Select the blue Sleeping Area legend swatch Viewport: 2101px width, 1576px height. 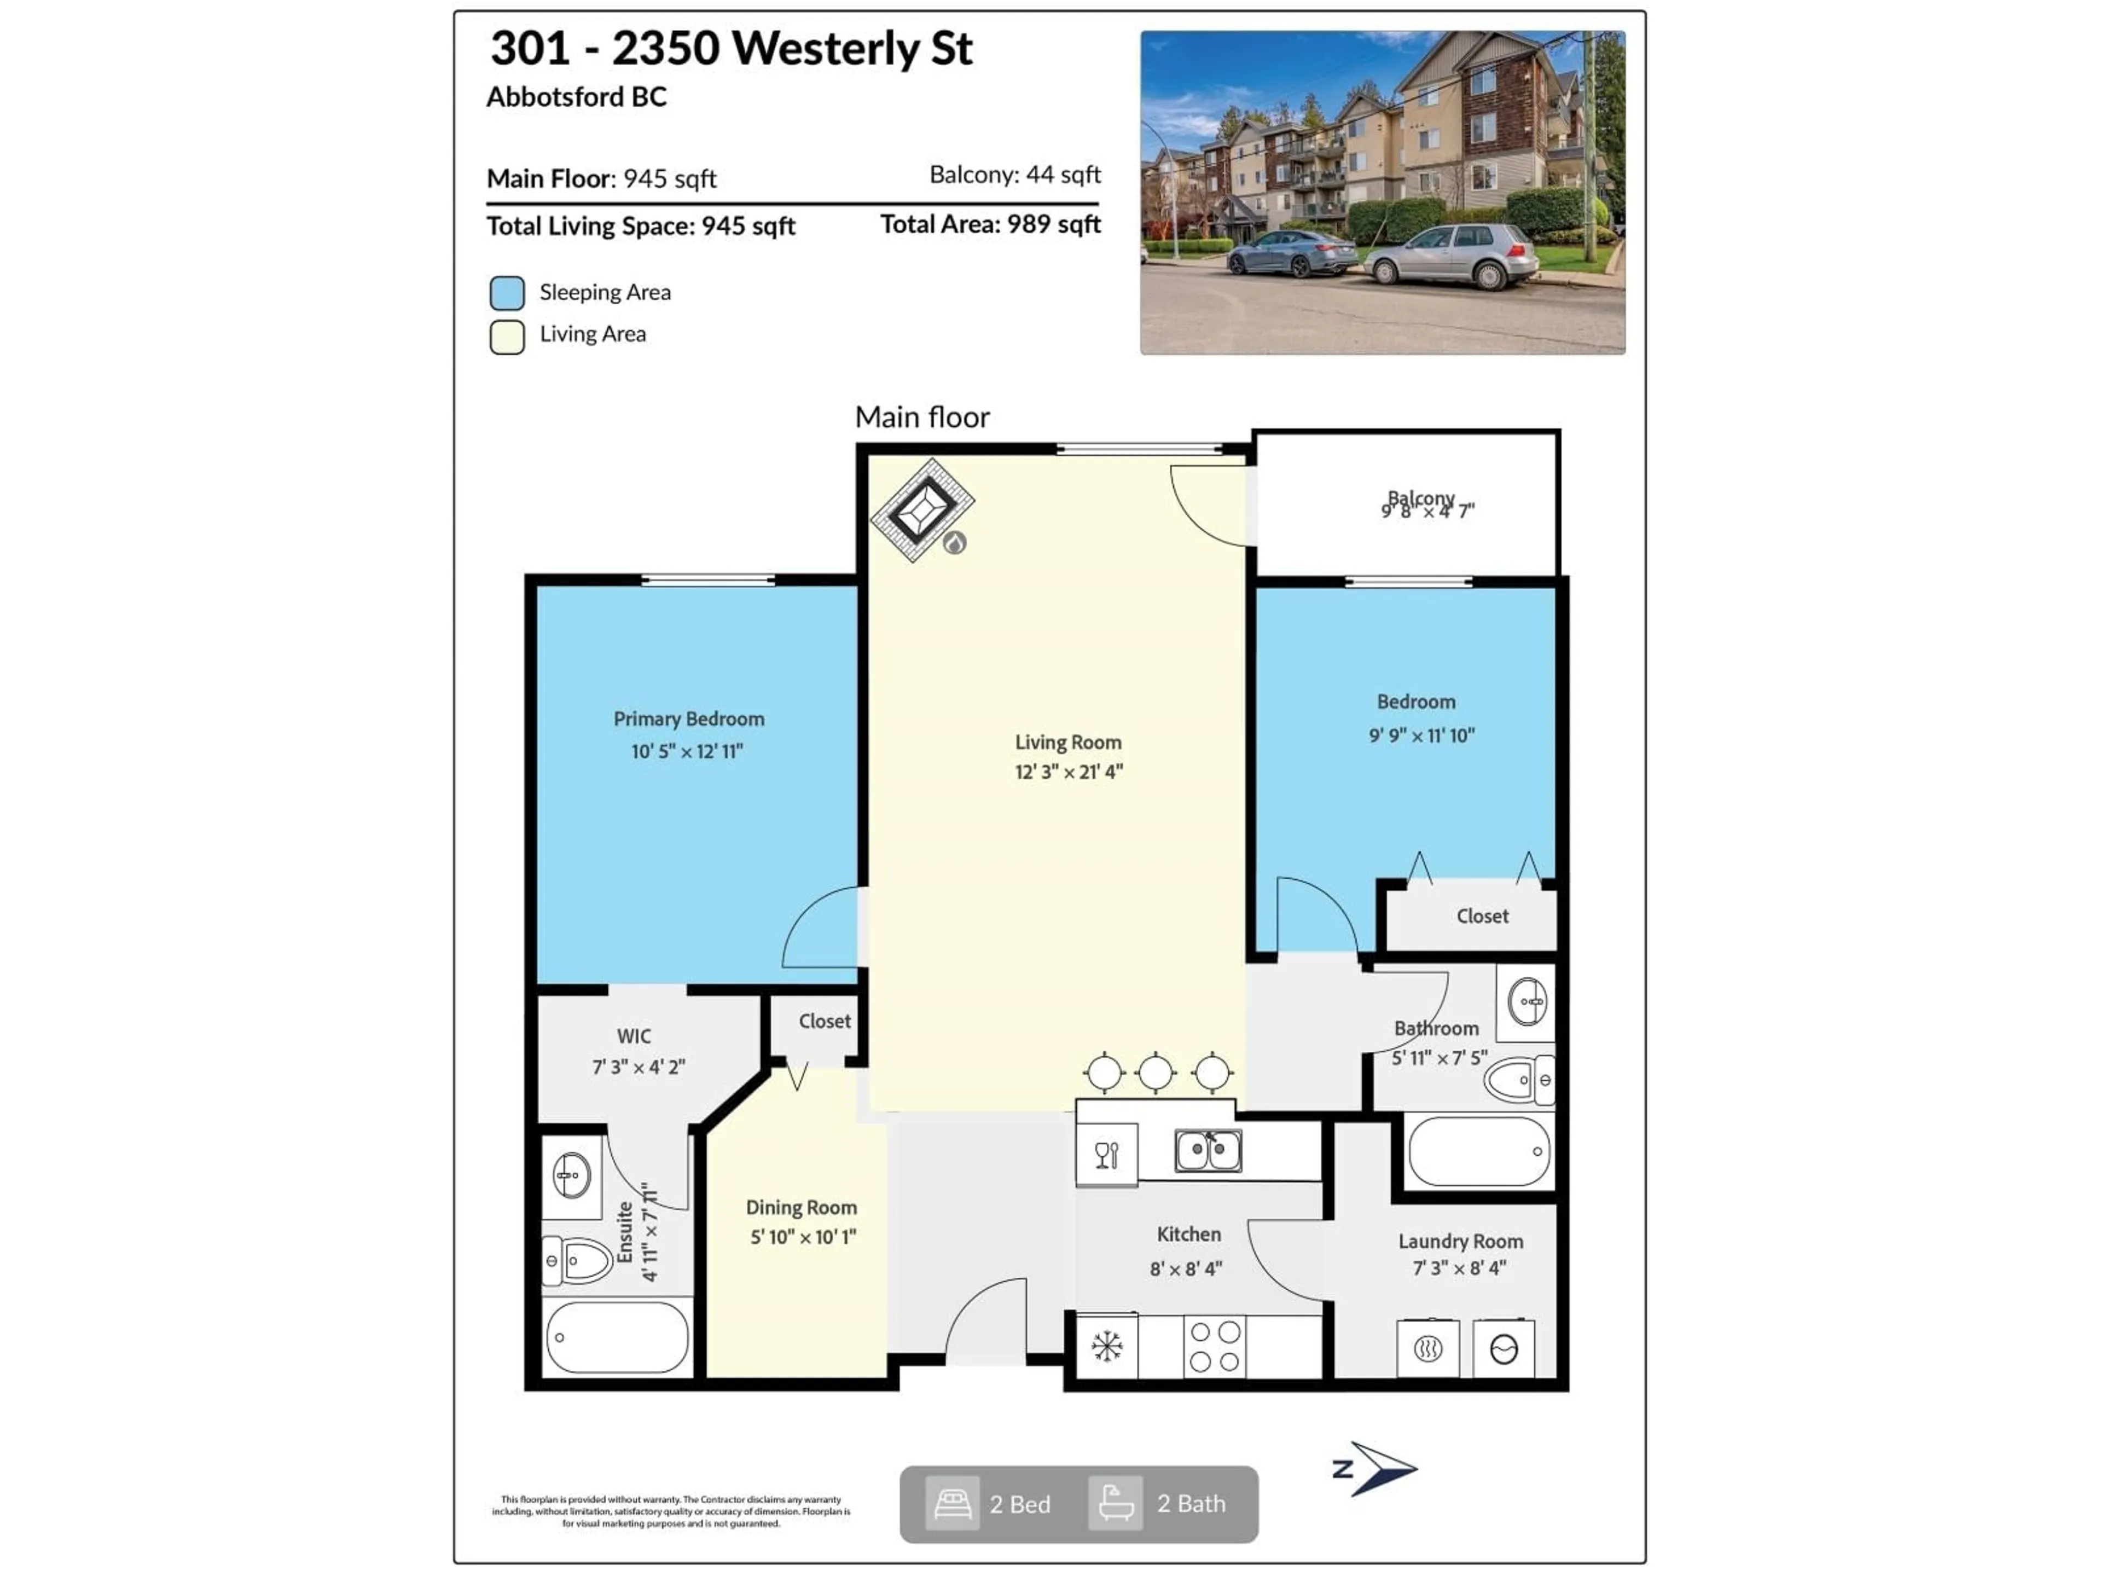[507, 293]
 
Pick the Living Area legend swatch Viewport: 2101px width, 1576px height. [507, 337]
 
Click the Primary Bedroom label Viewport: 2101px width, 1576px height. [689, 719]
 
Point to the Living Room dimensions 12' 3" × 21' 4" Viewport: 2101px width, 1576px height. [1069, 772]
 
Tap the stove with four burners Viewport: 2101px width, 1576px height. [1215, 1346]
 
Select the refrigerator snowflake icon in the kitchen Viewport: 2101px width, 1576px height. [1106, 1346]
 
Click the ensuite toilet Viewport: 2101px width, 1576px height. [577, 1261]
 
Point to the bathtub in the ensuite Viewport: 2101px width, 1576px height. [617, 1337]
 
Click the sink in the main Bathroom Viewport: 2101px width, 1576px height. [1527, 1001]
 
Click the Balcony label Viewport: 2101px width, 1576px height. [1421, 499]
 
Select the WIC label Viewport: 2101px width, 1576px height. [635, 1036]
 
